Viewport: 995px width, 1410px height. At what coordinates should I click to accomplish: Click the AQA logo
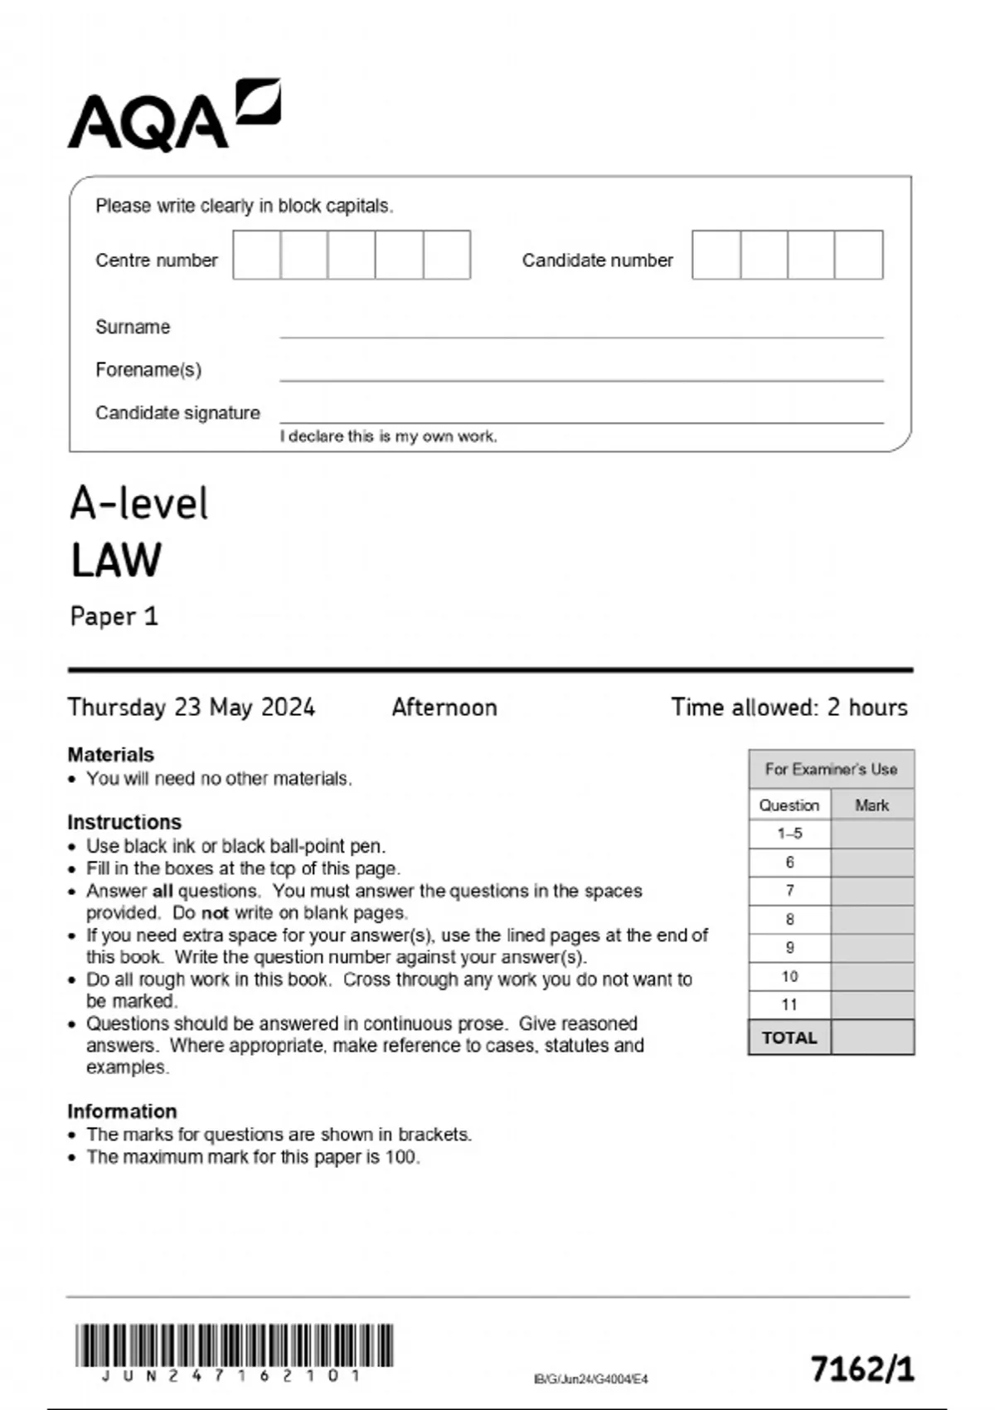click(173, 116)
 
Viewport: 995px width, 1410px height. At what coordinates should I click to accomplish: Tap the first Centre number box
click(257, 255)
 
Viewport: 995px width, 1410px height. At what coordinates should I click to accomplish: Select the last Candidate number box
click(859, 255)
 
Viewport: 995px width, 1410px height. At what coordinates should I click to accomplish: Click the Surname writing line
click(580, 330)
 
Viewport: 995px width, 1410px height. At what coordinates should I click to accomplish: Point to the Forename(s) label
click(148, 370)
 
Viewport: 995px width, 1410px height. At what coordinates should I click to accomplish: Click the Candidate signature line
click(580, 416)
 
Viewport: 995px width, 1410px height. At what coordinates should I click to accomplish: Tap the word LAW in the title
click(116, 561)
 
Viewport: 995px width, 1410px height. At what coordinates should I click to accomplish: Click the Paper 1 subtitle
click(114, 616)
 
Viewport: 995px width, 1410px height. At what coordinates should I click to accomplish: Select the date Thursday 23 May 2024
click(192, 707)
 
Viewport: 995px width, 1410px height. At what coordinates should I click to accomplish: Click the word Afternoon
click(444, 707)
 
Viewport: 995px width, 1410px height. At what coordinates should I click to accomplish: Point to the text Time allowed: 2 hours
click(789, 707)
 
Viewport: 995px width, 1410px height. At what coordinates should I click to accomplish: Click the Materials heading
click(110, 755)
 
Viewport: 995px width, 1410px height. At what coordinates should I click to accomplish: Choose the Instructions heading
click(124, 822)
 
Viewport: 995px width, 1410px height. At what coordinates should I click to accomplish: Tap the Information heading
click(122, 1111)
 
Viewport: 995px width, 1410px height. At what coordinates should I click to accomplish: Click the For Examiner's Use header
click(831, 770)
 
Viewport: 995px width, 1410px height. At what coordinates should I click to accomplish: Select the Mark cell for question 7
click(872, 891)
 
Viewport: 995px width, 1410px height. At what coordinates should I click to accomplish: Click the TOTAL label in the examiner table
click(789, 1038)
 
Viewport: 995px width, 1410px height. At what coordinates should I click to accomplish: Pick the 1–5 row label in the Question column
click(789, 834)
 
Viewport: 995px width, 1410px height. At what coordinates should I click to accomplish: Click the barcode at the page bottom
click(235, 1345)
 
